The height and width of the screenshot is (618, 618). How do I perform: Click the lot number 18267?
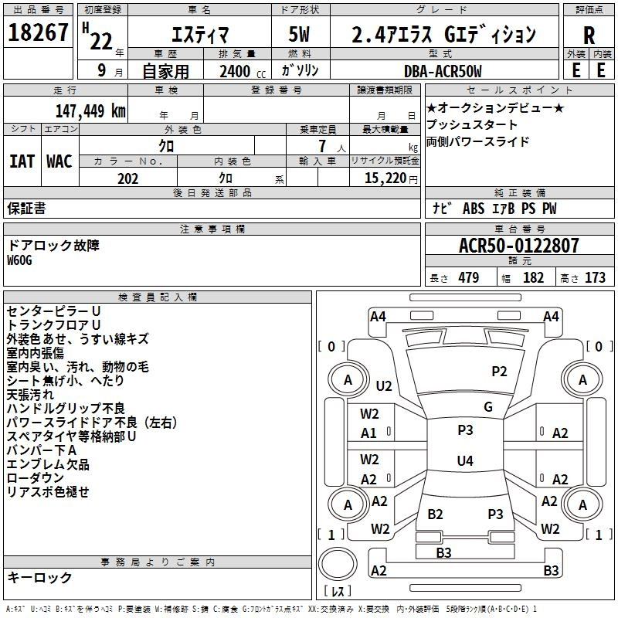[x=38, y=32]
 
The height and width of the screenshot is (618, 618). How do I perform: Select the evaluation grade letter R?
[x=589, y=36]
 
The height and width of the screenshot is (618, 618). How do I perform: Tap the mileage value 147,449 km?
[x=90, y=111]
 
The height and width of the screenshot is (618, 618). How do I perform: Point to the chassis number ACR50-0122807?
[x=519, y=246]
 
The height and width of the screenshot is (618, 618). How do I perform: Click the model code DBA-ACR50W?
[x=443, y=71]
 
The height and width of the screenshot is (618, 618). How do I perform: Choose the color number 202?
[x=127, y=178]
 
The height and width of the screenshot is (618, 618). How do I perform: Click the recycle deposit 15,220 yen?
[x=391, y=178]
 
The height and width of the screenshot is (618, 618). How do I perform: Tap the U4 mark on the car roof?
[x=465, y=460]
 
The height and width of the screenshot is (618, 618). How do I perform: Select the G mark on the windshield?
[x=488, y=407]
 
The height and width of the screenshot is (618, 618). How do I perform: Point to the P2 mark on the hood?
[x=499, y=372]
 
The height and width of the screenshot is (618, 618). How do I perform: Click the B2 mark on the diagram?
[x=435, y=514]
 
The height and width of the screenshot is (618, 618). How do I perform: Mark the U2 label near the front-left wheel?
[x=384, y=385]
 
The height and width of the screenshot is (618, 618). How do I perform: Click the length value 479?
[x=469, y=277]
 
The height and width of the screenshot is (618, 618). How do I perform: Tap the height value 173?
[x=595, y=277]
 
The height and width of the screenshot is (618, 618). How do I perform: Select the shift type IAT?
[x=22, y=161]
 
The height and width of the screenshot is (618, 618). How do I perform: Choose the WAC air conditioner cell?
[x=59, y=161]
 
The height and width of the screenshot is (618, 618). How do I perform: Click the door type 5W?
[x=299, y=34]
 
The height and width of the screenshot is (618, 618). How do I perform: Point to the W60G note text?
[x=19, y=260]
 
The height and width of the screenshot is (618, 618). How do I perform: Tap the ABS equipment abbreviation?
[x=474, y=209]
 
